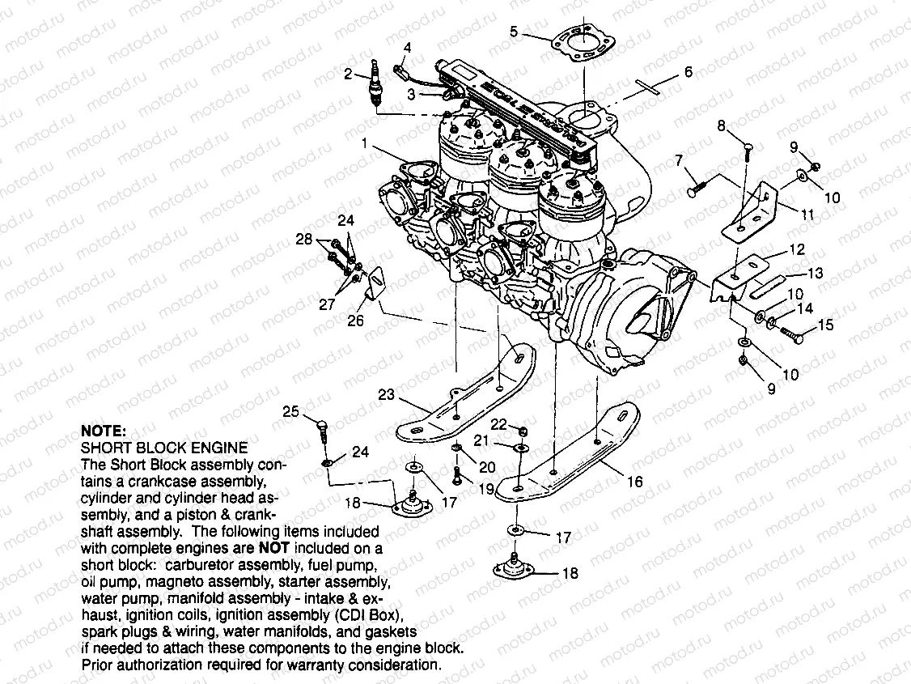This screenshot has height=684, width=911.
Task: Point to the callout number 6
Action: (688, 72)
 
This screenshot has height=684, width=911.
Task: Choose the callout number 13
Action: (815, 274)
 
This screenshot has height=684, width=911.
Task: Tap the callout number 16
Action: (634, 482)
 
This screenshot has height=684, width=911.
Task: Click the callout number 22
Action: (499, 425)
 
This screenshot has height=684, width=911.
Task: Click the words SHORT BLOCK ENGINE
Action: (164, 447)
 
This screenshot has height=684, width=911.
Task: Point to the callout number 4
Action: (407, 48)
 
